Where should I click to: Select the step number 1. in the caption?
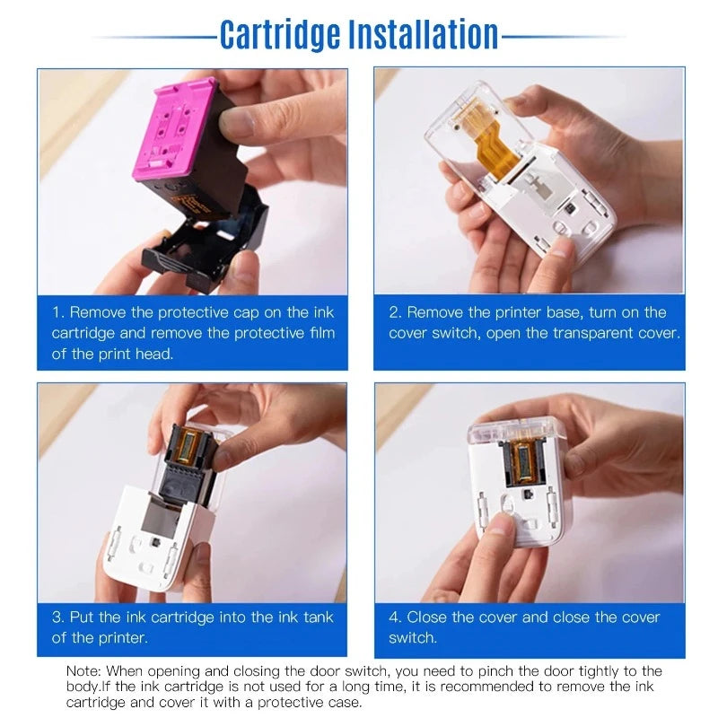pos(57,312)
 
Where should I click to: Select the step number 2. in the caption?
pos(395,312)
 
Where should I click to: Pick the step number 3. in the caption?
pos(58,617)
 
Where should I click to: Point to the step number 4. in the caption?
pos(396,617)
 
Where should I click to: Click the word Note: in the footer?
pos(84,671)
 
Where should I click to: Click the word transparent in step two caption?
pos(591,333)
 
